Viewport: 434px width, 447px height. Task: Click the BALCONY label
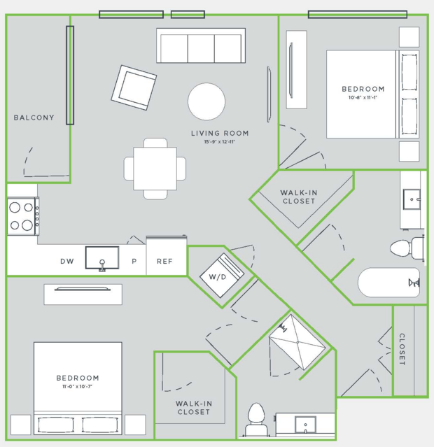coord(34,118)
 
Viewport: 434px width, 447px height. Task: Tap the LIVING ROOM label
coord(220,133)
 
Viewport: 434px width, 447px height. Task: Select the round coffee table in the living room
coord(206,101)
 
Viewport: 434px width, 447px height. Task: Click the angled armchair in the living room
coord(134,87)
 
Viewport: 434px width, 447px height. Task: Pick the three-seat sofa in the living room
coord(201,45)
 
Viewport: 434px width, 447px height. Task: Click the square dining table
coord(155,169)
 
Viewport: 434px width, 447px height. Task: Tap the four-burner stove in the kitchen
coord(23,216)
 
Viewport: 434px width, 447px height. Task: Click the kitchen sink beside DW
coord(102,258)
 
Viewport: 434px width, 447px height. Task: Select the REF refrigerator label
coord(164,261)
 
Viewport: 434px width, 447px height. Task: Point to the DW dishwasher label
coord(67,261)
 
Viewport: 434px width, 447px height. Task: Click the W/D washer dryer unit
coord(222,276)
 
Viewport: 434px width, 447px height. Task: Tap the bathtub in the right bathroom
coord(388,283)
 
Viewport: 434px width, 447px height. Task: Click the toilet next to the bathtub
coord(407,248)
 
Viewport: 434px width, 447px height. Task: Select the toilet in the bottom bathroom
coord(256,419)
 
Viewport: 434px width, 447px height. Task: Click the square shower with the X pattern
coord(297,342)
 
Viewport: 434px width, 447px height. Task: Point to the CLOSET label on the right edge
coord(402,349)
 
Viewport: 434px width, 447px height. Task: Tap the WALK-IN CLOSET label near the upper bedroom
coord(299,197)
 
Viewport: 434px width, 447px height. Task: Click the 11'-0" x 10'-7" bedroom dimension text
coord(77,387)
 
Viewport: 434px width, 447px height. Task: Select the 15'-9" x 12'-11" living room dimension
coord(219,142)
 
